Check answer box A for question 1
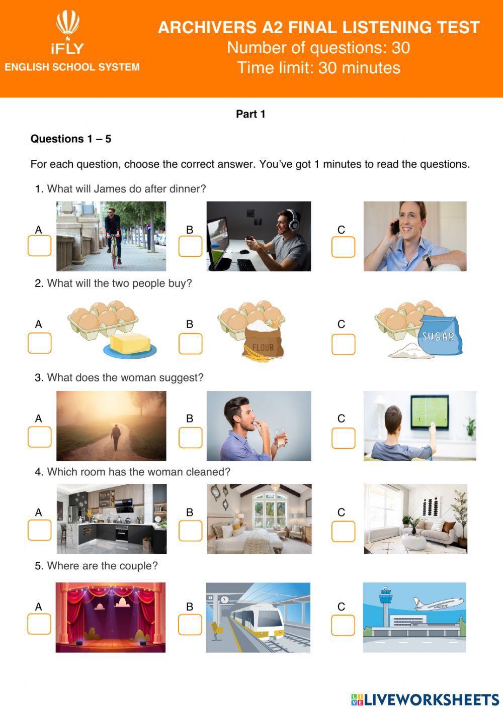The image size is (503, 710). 39,246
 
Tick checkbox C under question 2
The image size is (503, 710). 343,344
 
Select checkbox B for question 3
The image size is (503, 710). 190,438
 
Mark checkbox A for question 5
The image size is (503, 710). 39,624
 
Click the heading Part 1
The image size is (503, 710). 250,114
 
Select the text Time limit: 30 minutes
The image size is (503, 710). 318,67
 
